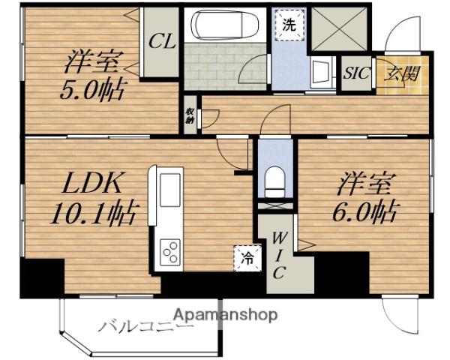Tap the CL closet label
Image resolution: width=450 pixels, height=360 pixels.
click(x=161, y=41)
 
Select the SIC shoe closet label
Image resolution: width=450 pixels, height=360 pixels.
click(x=356, y=73)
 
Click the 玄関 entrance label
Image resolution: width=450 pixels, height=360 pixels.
click(x=402, y=73)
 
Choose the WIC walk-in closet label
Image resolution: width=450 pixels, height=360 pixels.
click(x=278, y=256)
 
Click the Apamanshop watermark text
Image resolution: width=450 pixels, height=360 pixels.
click(x=226, y=313)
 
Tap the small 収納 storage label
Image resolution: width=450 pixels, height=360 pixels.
click(x=190, y=115)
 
